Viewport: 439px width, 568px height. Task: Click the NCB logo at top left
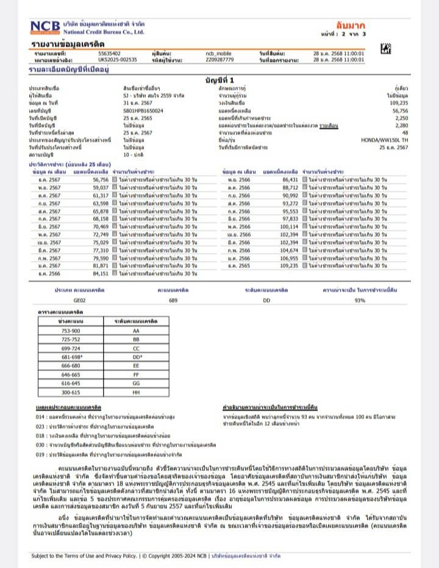pyautogui.click(x=45, y=27)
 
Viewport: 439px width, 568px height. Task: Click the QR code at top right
pyautogui.click(x=385, y=49)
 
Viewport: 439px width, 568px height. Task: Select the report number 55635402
pyautogui.click(x=109, y=54)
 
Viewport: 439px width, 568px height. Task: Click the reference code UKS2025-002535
pyautogui.click(x=118, y=60)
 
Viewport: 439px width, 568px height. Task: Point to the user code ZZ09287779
pyautogui.click(x=220, y=60)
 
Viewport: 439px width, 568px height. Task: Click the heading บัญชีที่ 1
pyautogui.click(x=220, y=80)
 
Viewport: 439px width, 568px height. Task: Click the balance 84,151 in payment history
pyautogui.click(x=100, y=274)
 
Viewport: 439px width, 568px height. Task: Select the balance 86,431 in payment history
pyautogui.click(x=290, y=180)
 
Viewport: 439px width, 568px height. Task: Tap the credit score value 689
pyautogui.click(x=173, y=300)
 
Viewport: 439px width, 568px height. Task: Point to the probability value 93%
pyautogui.click(x=359, y=300)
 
